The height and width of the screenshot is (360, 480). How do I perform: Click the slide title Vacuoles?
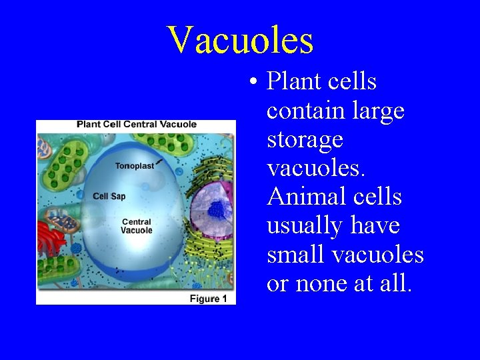coord(240,40)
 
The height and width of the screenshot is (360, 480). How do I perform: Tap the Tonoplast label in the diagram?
coord(134,166)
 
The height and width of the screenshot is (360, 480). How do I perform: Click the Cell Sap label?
coord(109,196)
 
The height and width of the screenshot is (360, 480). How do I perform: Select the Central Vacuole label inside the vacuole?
coord(137,226)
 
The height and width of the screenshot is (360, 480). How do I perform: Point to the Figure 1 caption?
coord(208,299)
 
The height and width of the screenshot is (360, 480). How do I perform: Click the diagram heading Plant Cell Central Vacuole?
coord(137,124)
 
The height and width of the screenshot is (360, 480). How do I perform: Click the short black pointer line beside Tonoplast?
coord(159,162)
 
